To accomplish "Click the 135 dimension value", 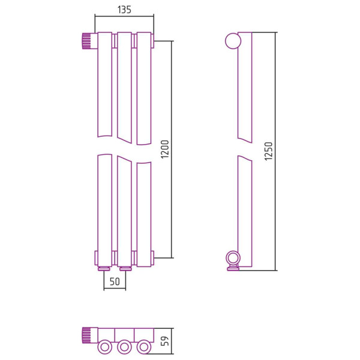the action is coord(124,10).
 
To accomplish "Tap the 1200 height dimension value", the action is coord(165,149).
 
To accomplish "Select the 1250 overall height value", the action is coord(268,151).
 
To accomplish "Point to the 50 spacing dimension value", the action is coord(115,281).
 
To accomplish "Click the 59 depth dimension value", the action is coord(165,341).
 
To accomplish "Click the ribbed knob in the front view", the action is coord(86,41).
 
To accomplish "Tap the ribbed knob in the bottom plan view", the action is coord(86,335).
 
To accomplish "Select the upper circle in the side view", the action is coord(233,41).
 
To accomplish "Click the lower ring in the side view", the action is coord(233,258).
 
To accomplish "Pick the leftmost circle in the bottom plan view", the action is coord(104,347).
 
